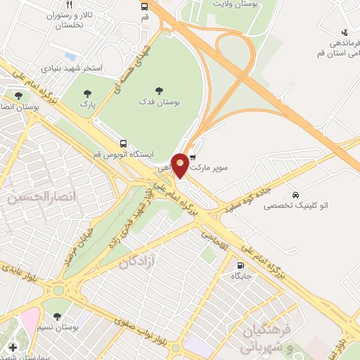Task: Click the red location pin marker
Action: tap(181, 165)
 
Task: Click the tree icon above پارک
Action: tap(87, 94)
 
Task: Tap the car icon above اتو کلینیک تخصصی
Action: tap(295, 194)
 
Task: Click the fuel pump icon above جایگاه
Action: tap(242, 266)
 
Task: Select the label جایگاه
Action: tap(241, 277)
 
